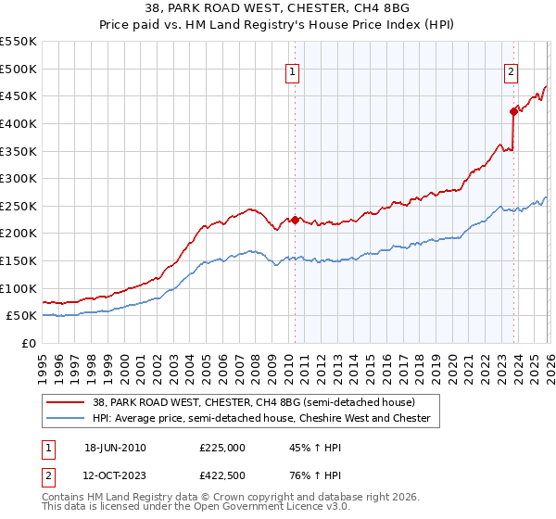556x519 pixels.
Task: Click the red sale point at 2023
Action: pos(513,111)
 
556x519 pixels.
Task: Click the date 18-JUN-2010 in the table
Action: pos(115,448)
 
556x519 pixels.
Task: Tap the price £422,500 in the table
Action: pos(221,475)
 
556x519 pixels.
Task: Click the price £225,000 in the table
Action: pos(221,448)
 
